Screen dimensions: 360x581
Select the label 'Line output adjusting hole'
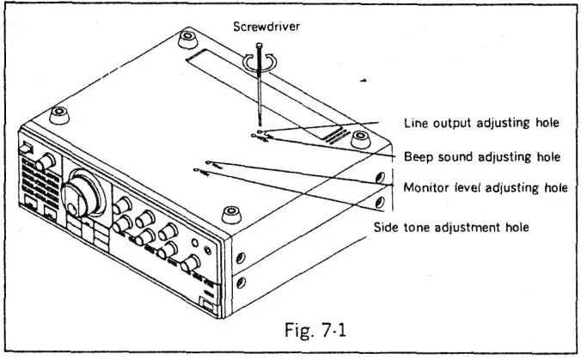click(x=481, y=124)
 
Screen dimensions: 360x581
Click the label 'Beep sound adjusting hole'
click(x=481, y=157)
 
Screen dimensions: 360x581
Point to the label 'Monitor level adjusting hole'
click(x=484, y=188)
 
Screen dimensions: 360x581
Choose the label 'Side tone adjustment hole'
click(x=451, y=227)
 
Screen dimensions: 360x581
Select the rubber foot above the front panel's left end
click(x=59, y=113)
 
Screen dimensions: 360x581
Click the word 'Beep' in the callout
click(x=419, y=157)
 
